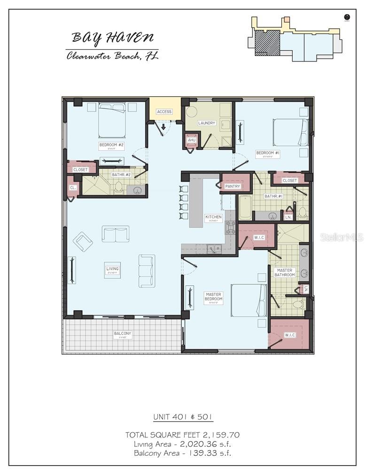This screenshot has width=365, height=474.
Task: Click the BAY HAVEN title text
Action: tap(112, 38)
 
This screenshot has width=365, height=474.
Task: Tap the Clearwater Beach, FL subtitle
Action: tap(112, 56)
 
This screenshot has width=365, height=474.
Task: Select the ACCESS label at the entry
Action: tap(164, 112)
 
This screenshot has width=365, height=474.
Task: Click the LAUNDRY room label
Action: tap(206, 123)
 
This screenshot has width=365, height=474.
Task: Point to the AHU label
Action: tap(192, 140)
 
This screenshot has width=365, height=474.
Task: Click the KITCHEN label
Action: tap(213, 217)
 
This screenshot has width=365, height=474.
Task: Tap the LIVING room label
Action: tap(113, 269)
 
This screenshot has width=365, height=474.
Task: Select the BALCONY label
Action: tap(123, 334)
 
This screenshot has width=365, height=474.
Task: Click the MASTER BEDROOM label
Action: tap(213, 297)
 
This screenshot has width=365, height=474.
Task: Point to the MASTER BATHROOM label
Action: tap(284, 273)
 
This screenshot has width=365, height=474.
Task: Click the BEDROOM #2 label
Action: tap(111, 145)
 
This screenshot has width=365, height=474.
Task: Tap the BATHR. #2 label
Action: tap(117, 175)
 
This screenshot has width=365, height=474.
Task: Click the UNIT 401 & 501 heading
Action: tap(182, 417)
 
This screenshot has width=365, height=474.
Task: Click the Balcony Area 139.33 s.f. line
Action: tap(182, 453)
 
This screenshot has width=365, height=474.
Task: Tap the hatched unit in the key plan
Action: tap(267, 43)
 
